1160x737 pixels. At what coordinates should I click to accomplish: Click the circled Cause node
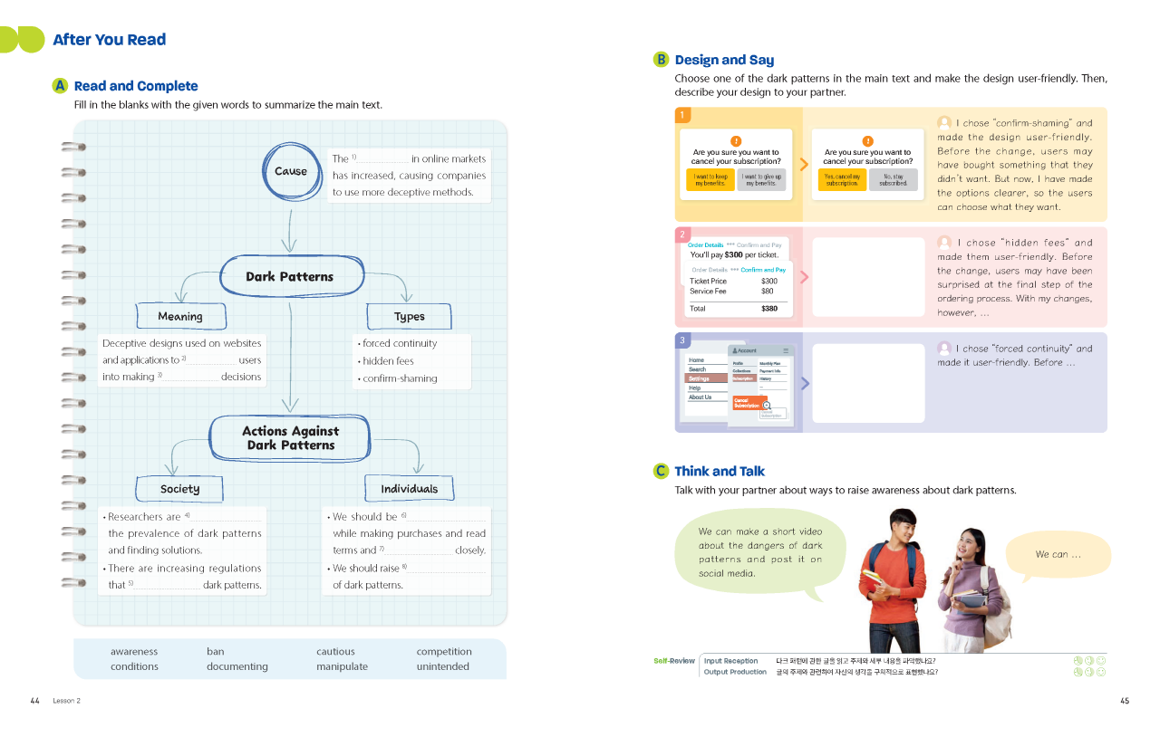point(290,171)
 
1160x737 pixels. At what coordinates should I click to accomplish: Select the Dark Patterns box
point(290,276)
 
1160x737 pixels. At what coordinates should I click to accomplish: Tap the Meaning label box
point(180,316)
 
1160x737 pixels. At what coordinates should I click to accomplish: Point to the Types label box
point(409,316)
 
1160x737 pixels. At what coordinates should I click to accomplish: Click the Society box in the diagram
point(179,489)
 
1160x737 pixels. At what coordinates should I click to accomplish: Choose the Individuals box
point(409,489)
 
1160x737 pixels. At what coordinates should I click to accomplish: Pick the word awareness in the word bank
point(134,651)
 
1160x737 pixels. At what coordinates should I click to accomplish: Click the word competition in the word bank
point(444,651)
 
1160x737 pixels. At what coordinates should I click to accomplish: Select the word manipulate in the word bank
point(342,666)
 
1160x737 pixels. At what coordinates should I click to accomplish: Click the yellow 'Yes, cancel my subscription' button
point(842,179)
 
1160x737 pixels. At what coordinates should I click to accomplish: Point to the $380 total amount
point(768,309)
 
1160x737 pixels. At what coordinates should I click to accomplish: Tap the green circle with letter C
point(662,471)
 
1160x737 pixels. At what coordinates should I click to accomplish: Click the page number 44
point(34,701)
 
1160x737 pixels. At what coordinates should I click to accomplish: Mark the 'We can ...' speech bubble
point(1058,554)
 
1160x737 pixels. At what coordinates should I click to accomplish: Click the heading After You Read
point(110,40)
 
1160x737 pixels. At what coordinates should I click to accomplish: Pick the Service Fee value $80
point(768,292)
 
